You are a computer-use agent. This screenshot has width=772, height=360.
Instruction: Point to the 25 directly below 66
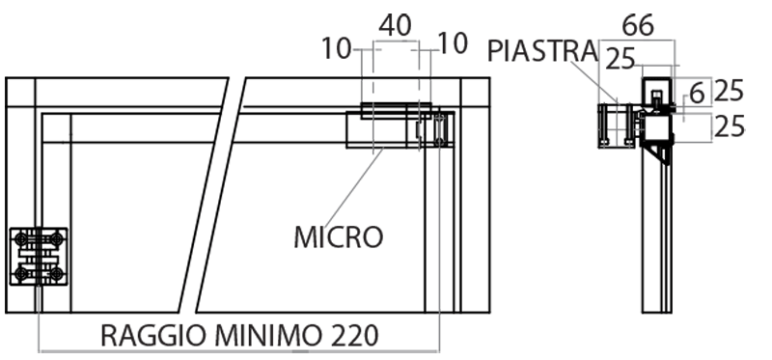coord(621,60)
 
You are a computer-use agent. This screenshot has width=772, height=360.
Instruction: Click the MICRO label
coord(338,235)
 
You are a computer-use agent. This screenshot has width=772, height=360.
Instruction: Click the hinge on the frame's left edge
coord(39,257)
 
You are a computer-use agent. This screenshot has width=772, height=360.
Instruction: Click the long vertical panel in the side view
coord(656,241)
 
